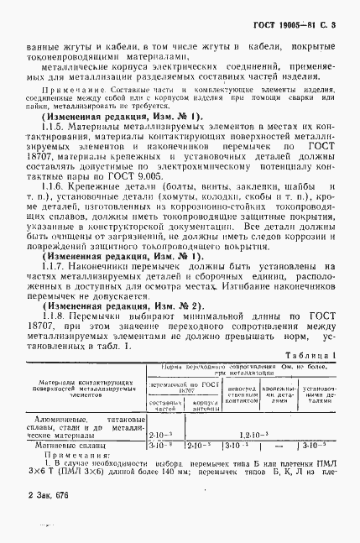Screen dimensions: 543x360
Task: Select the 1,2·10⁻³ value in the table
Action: tap(252, 436)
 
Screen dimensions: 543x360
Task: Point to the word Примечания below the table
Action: tap(71, 459)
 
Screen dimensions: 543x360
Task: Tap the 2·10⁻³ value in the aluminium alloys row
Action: tap(161, 436)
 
